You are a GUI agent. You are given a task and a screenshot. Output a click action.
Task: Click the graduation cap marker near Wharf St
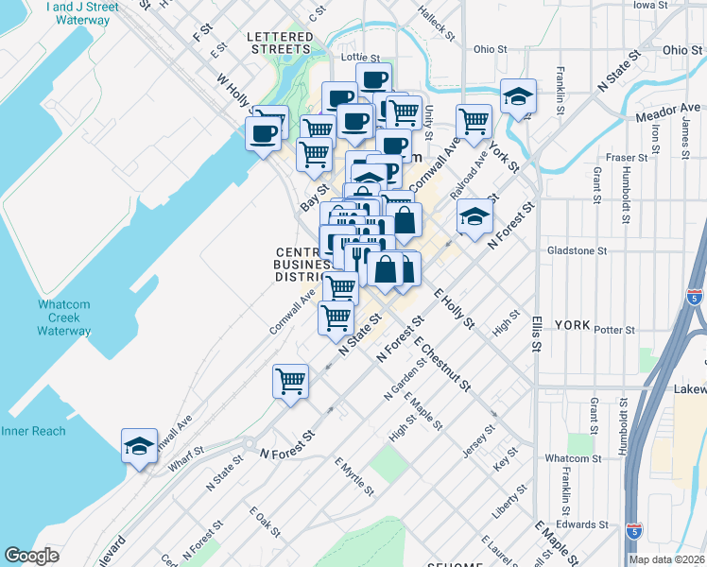139,447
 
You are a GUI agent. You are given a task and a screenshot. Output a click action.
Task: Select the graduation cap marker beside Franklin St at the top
518,96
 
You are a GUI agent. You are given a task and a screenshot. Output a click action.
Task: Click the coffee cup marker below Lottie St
373,79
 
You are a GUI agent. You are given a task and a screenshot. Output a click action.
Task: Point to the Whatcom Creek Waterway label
64,318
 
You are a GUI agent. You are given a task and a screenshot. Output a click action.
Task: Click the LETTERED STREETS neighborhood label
280,43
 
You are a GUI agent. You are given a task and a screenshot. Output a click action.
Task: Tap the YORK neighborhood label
572,324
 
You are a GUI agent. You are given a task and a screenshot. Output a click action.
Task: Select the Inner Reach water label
33,431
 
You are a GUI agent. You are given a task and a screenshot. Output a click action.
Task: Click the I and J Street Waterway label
82,13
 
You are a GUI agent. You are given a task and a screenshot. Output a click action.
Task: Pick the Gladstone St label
577,250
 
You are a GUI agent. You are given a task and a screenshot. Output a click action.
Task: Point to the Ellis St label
535,334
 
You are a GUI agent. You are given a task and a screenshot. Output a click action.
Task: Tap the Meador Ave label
668,112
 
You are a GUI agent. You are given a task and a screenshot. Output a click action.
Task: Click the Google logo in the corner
31,556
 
